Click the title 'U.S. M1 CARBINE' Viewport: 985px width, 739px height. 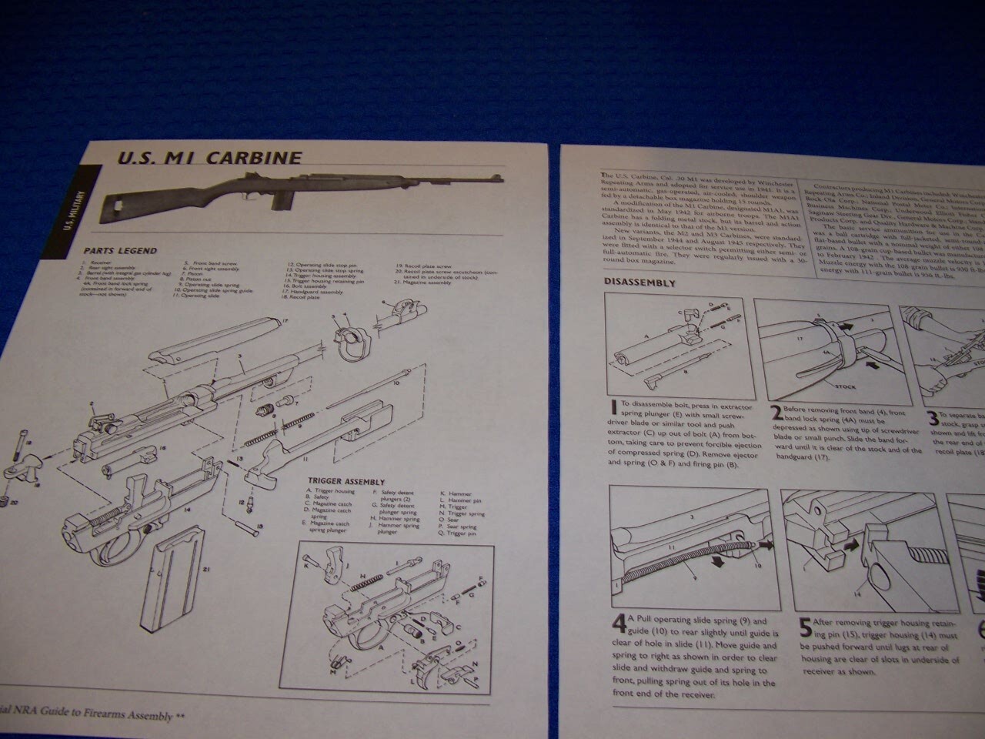(x=209, y=158)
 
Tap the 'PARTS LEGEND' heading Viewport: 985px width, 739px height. (x=120, y=251)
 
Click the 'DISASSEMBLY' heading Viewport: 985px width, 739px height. (x=639, y=283)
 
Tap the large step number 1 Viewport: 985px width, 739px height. (x=613, y=407)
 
